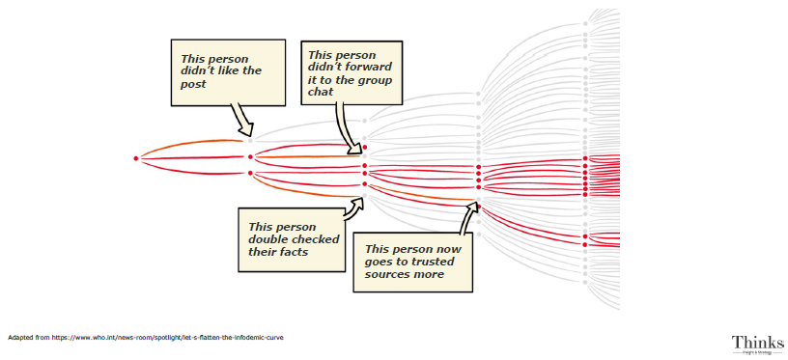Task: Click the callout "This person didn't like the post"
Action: [228, 70]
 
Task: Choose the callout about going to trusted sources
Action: [412, 261]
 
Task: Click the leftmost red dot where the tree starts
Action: [136, 157]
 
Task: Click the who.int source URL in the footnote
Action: [169, 338]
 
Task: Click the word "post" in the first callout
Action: [194, 84]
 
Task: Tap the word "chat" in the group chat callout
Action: [322, 92]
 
